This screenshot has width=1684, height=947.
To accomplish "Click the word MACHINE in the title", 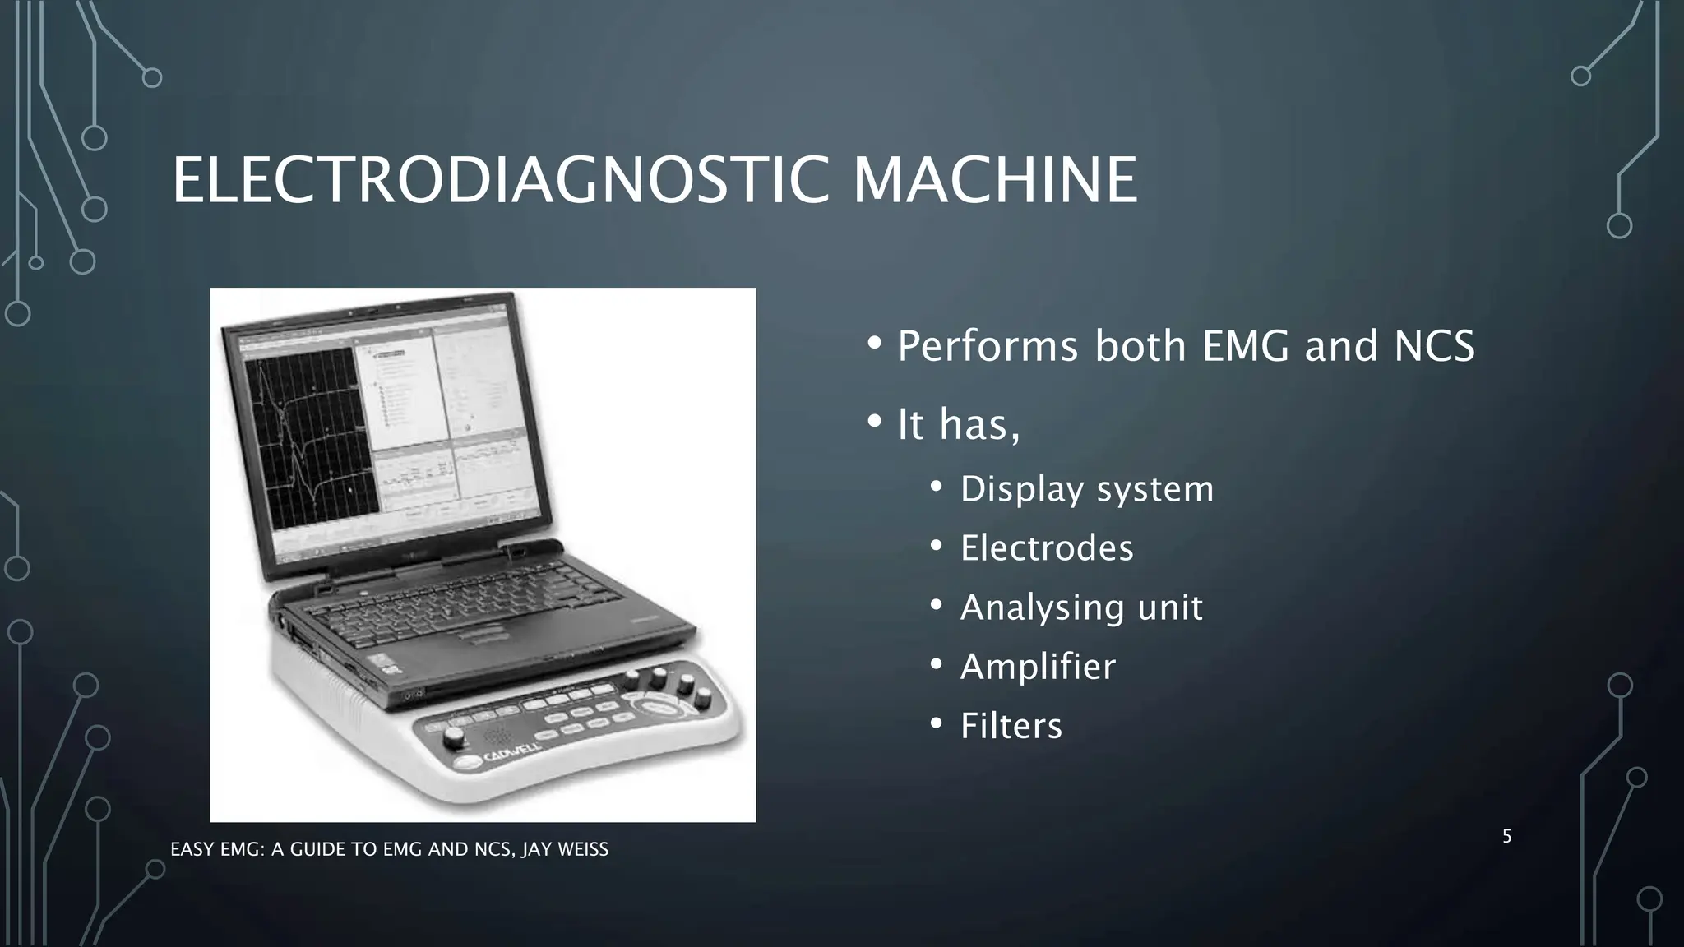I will (995, 180).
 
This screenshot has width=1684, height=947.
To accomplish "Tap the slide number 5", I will (1506, 837).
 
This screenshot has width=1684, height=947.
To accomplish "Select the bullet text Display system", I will (1086, 489).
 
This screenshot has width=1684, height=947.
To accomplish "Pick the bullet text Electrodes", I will (1047, 548).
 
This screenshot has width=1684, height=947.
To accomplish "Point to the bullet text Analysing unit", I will (1081, 607).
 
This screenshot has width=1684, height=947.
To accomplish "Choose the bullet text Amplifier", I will (1038, 667).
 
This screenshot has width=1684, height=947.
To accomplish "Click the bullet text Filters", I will (1011, 726).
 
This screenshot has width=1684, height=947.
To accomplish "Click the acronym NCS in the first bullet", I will (1434, 346).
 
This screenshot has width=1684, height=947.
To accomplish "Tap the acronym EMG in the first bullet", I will (1246, 346).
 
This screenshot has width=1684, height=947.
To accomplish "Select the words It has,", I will (958, 425).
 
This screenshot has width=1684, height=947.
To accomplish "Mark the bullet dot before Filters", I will (936, 724).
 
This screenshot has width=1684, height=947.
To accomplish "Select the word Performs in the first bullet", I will (988, 346).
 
